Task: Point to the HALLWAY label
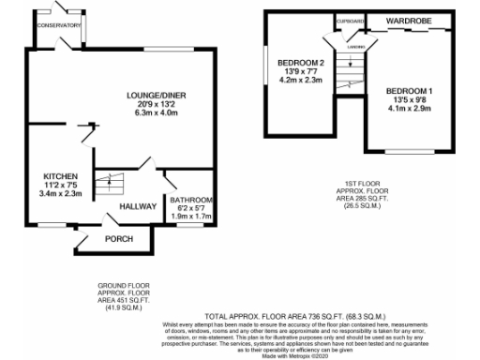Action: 138,206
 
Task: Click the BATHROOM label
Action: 191,200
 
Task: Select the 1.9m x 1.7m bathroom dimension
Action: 191,217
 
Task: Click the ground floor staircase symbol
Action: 111,175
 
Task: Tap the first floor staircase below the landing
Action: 349,69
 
